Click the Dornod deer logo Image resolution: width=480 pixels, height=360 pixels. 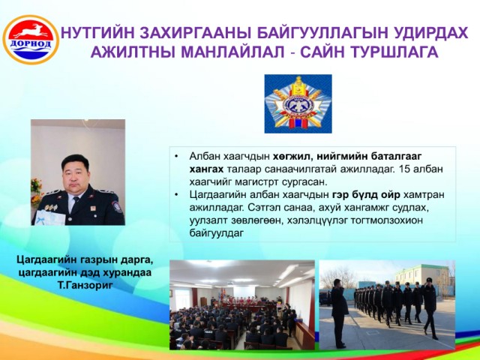[x=31, y=40]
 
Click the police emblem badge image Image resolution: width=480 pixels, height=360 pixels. [x=298, y=103]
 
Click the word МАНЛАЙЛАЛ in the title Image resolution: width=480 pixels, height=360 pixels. [x=233, y=52]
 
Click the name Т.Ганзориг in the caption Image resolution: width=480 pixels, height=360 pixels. [x=85, y=285]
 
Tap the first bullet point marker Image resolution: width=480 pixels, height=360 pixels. [x=176, y=156]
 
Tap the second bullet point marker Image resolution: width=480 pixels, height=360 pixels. [x=176, y=195]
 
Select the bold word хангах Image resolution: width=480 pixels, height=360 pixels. [x=206, y=169]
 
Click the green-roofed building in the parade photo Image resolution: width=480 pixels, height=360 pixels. [x=422, y=274]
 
